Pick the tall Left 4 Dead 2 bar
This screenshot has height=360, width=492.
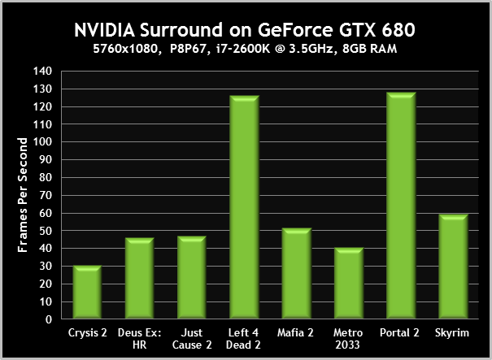(x=244, y=208)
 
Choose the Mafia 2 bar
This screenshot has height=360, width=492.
(x=296, y=274)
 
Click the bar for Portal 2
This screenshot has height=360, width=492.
(x=400, y=206)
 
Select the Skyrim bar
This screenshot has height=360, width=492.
(x=452, y=267)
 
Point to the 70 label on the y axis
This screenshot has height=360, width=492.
(x=50, y=195)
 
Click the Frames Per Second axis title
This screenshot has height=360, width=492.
(x=24, y=195)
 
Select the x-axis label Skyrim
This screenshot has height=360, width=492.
(x=452, y=333)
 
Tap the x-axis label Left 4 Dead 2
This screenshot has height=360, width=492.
(x=244, y=339)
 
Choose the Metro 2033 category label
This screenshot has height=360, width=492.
(x=348, y=339)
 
